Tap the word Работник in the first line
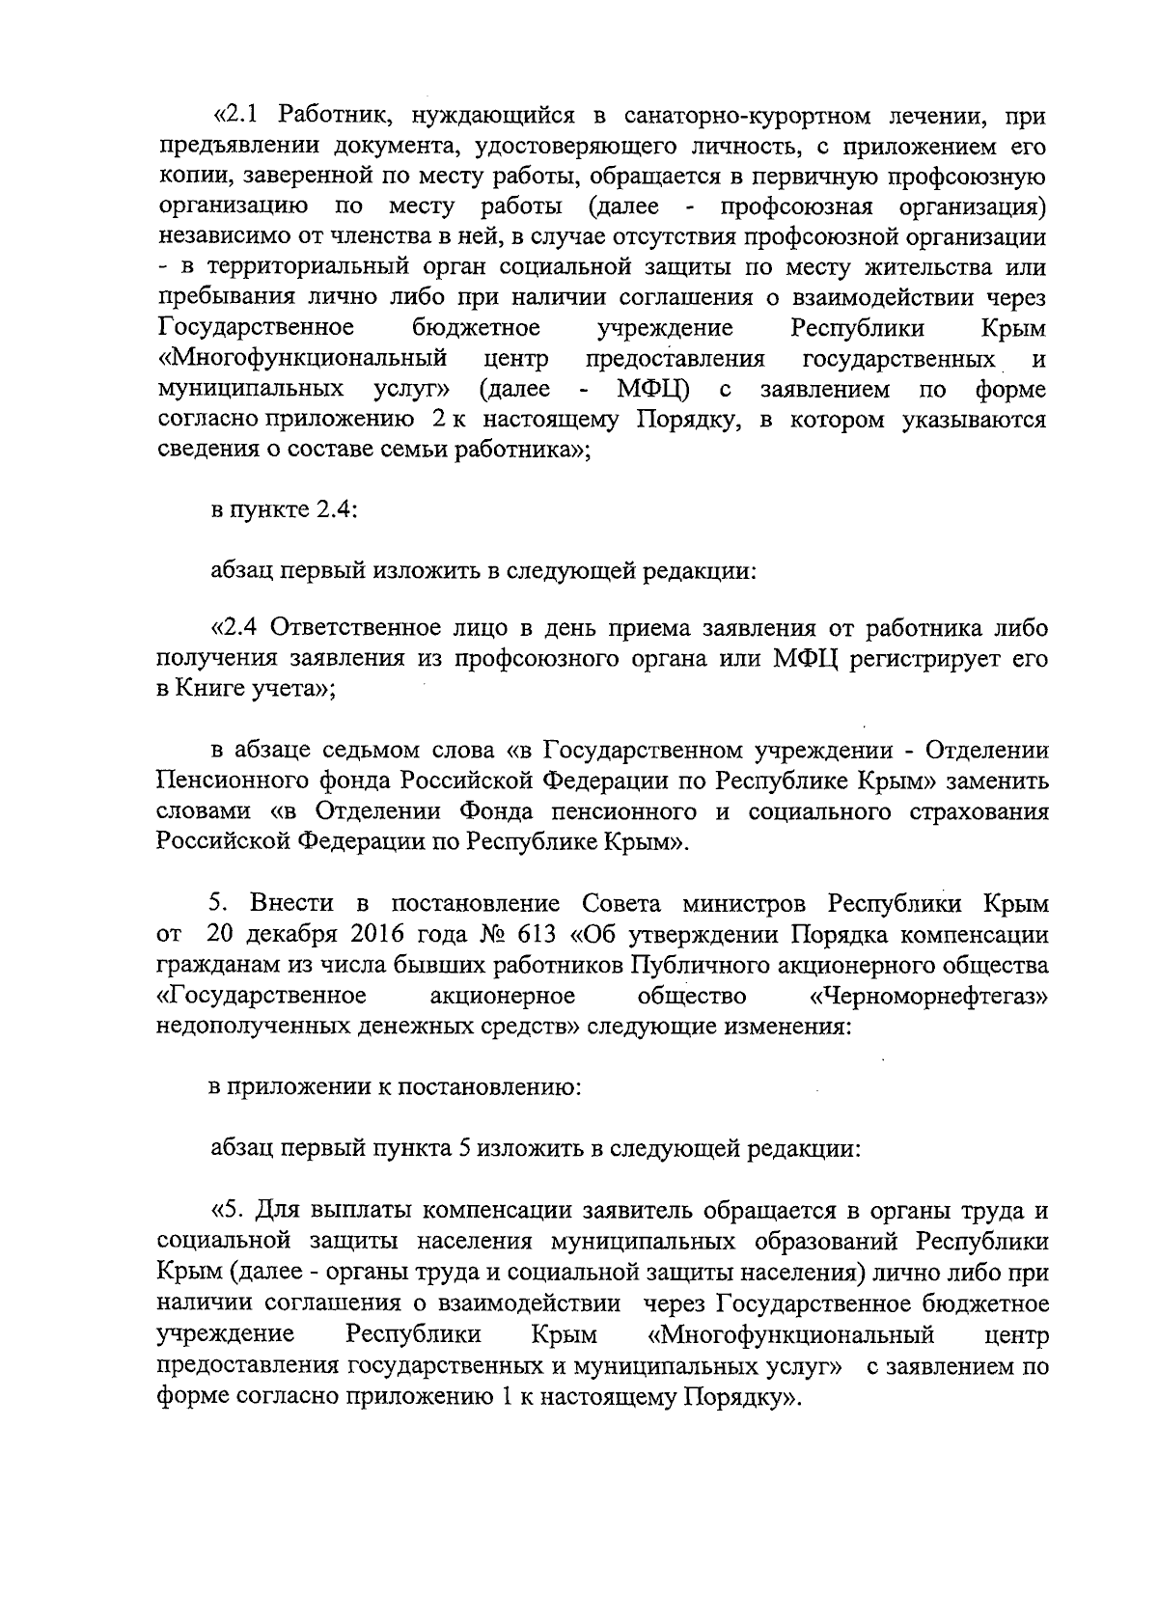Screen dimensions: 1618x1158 tap(333, 116)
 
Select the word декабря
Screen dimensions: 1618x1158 tap(305, 934)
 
